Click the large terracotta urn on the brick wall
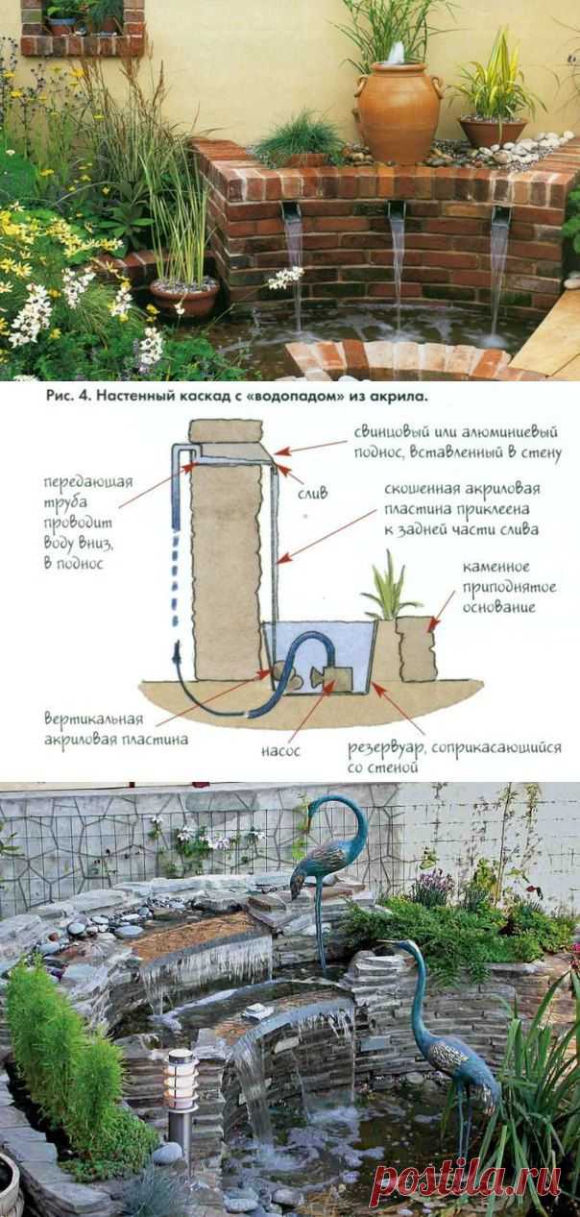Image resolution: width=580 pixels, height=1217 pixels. [399, 113]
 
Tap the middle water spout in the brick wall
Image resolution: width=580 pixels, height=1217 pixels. [397, 210]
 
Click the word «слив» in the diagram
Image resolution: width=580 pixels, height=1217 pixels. [312, 494]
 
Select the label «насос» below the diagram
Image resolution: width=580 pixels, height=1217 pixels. [280, 751]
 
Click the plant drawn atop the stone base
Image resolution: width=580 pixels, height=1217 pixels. [389, 586]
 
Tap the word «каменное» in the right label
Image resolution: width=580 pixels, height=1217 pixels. [495, 568]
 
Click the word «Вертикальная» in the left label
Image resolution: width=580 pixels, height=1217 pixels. [94, 719]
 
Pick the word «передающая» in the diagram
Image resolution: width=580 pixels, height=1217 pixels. [88, 482]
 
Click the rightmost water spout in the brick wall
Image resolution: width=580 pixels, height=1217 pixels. [500, 213]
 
